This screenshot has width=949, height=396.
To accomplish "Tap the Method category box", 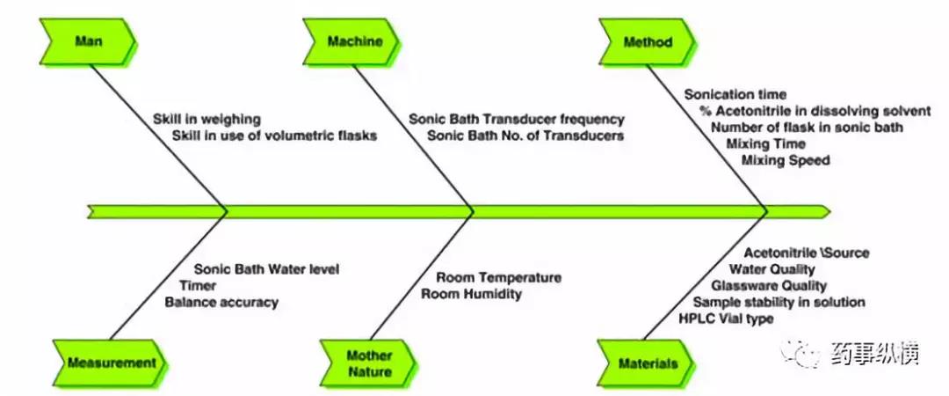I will (648, 41).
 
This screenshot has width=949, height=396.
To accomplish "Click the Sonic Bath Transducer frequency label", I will (516, 119).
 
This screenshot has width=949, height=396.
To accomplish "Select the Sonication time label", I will (735, 93).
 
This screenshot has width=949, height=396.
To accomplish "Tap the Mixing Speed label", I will (786, 160).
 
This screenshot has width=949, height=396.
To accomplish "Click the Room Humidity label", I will (471, 294).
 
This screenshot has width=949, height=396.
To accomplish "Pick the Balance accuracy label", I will (221, 302).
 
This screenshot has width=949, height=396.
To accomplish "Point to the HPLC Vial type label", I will (727, 319).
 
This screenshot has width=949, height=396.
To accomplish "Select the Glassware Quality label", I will (769, 285).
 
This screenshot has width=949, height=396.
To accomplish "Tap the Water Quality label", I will (772, 269).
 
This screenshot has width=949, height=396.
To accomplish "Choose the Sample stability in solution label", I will (778, 302).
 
